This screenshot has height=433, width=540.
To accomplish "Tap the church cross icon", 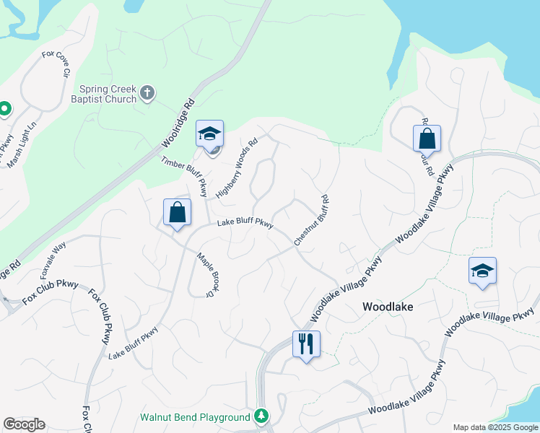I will [147, 92].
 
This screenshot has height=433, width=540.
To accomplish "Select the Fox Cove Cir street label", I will [56, 64].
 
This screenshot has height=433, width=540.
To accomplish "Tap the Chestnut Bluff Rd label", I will [311, 220].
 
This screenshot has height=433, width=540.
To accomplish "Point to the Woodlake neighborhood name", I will [388, 307].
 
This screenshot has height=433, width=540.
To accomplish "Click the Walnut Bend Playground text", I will [195, 418].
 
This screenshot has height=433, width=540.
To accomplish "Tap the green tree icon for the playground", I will [261, 416].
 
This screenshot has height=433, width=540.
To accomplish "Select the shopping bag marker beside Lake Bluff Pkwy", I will [177, 213].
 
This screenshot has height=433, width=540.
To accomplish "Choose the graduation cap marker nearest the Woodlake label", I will [482, 271].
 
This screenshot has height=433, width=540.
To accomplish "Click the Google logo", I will [24, 424].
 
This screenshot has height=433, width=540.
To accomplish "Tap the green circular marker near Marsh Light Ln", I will [4, 109].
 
